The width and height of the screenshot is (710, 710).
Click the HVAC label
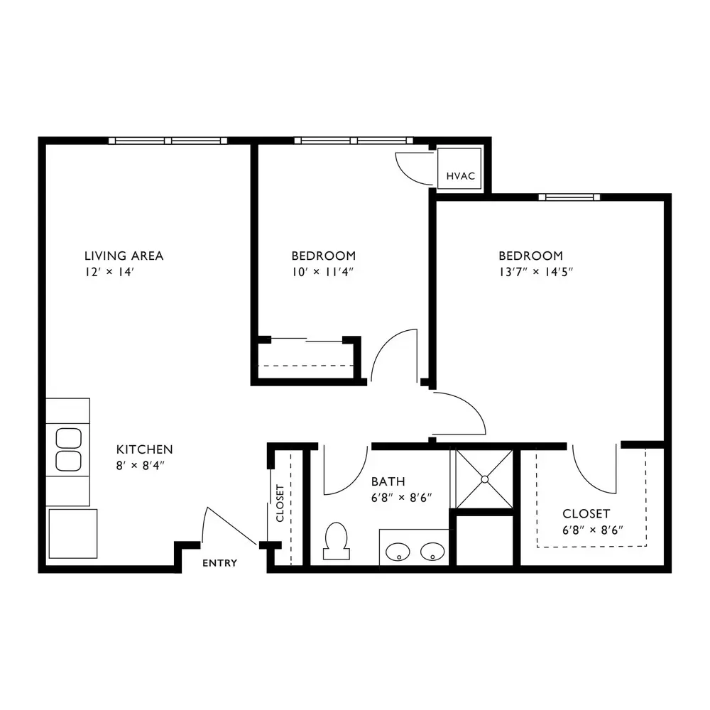tap(461, 176)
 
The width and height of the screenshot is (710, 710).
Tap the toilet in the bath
tap(336, 540)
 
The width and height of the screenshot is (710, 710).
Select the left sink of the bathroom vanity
tap(398, 552)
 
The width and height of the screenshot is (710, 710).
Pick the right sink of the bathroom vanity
tap(432, 552)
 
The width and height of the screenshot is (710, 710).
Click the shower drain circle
tap(485, 479)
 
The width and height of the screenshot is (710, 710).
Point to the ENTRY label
tap(219, 563)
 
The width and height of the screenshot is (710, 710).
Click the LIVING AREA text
tap(124, 256)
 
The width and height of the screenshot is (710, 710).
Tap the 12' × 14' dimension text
tap(109, 272)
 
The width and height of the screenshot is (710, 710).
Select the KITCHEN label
tap(144, 449)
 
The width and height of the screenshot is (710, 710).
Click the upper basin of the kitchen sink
tap(68, 438)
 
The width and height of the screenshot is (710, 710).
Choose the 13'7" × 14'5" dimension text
tap(536, 272)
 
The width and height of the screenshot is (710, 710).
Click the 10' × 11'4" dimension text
tap(322, 272)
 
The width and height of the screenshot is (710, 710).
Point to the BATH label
tap(388, 481)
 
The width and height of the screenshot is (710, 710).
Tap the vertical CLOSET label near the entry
tap(280, 503)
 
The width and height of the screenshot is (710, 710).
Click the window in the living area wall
tap(168, 141)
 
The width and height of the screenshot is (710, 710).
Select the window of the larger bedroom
tap(569, 197)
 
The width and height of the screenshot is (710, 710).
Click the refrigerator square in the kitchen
tap(73, 533)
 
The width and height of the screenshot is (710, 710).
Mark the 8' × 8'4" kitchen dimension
tap(140, 466)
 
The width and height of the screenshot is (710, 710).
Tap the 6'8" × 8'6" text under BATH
tap(401, 498)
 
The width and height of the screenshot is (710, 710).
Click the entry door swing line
tap(231, 525)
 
